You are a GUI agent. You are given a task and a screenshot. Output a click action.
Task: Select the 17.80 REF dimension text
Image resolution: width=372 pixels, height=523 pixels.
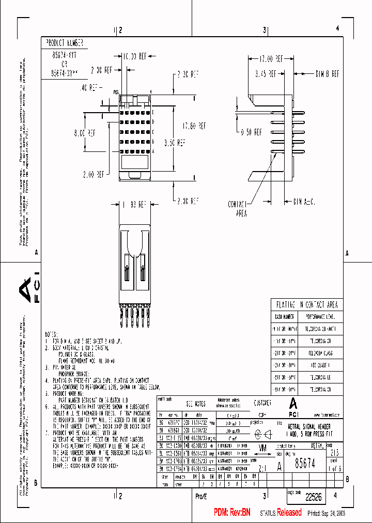194,126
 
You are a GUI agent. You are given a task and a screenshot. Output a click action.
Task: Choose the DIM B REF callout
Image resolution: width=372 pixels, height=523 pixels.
327,74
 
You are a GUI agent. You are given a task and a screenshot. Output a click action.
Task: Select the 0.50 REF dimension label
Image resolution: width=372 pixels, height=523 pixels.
254,132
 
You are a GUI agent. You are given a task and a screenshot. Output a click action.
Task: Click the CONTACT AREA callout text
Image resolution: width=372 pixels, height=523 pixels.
238,208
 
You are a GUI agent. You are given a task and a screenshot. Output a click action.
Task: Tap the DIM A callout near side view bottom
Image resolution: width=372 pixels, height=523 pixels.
304,200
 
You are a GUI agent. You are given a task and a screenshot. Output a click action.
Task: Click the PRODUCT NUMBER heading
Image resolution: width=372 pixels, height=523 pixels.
65,43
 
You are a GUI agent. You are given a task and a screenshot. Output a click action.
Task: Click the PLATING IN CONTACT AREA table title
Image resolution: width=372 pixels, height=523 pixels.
307,306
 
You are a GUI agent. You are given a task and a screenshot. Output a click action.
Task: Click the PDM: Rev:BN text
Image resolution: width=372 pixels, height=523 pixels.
232,512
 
